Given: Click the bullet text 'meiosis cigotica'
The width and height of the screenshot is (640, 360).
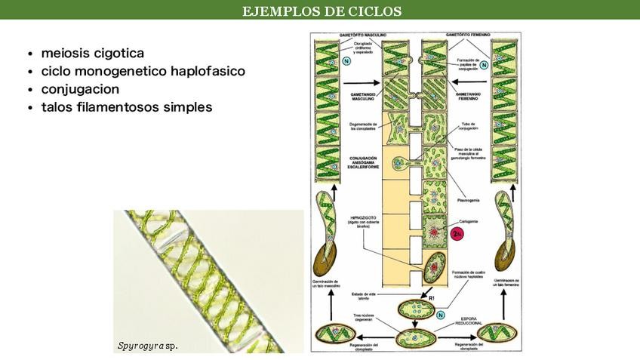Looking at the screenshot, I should (93, 53).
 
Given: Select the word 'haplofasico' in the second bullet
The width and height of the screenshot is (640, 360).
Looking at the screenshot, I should (208, 71).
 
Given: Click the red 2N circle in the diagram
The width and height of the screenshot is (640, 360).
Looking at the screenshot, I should (456, 234).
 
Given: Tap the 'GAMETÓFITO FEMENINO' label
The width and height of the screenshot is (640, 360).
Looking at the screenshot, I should (468, 35).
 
